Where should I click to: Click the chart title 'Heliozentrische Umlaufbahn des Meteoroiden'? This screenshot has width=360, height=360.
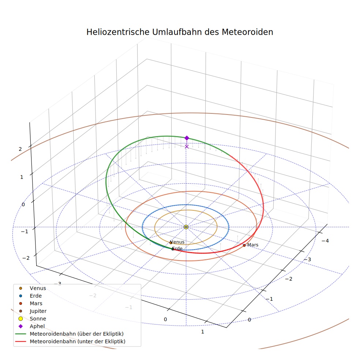180,32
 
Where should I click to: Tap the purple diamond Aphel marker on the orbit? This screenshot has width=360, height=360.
187,138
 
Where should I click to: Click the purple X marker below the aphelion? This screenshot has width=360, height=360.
187,146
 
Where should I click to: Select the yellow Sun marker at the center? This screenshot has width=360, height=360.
186,227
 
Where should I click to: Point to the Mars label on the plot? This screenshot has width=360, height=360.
253,245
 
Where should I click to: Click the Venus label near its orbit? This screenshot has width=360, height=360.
178,242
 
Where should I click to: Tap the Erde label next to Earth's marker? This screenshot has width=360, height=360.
177,248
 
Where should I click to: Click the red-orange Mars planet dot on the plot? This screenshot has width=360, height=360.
244,245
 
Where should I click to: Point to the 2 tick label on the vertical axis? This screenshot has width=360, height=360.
20,149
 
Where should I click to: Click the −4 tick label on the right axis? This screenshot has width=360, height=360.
325,241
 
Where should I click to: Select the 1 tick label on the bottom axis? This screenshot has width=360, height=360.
203,332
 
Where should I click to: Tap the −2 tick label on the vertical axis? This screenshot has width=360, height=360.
26,258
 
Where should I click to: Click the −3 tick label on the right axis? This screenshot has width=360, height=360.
307,259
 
